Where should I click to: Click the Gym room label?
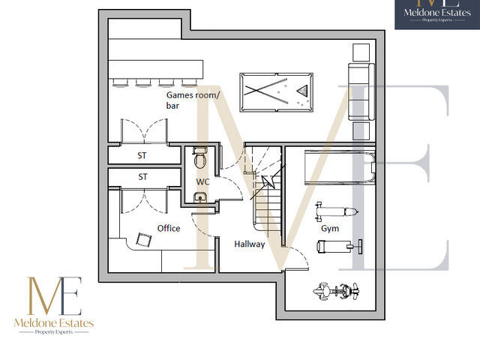pyautogui.click(x=330, y=227)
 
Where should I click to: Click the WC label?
pyautogui.click(x=202, y=182)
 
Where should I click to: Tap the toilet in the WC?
pyautogui.click(x=199, y=158)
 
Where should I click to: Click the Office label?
pyautogui.click(x=169, y=228)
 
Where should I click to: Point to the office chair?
pyautogui.click(x=141, y=241)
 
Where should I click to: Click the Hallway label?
pyautogui.click(x=250, y=244)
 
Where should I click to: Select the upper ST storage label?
pyautogui.click(x=142, y=156)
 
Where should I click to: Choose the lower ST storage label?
pyautogui.click(x=142, y=177)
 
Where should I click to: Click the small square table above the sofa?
pyautogui.click(x=361, y=52)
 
